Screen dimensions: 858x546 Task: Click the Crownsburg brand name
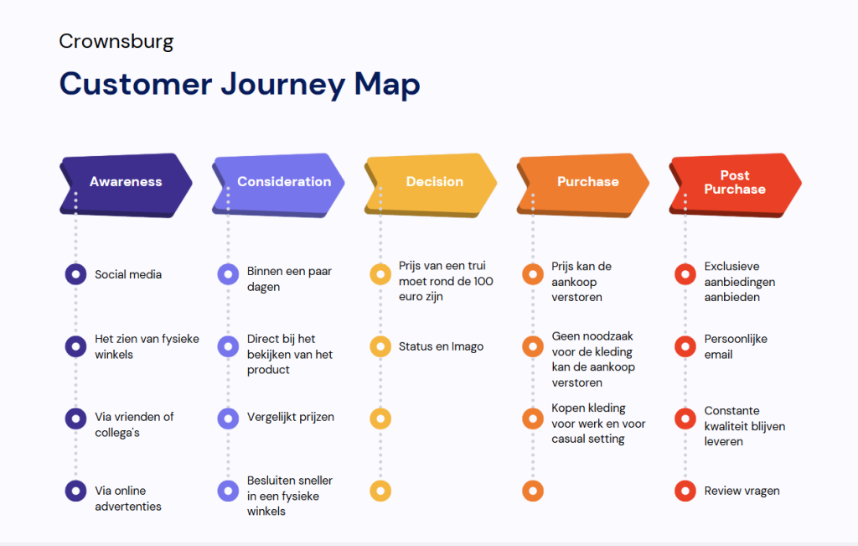[116, 42]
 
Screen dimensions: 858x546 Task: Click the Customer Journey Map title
[240, 85]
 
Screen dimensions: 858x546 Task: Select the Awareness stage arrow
[126, 185]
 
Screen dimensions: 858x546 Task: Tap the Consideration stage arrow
[278, 185]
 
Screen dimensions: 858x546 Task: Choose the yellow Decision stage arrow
[431, 185]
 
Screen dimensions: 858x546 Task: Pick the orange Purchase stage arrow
[583, 185]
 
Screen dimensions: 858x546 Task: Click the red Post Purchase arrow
[736, 185]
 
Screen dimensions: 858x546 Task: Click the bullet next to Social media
[75, 273]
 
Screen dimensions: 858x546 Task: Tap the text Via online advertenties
[128, 498]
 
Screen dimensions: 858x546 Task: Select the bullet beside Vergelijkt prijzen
[228, 419]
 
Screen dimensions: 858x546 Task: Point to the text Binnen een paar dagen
[289, 278]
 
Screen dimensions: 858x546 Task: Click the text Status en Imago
[441, 346]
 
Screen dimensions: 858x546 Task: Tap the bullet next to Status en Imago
[380, 346]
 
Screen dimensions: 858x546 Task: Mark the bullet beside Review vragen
[685, 491]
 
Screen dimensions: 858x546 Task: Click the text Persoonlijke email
[736, 346]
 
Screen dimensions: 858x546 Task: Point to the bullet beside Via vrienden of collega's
[75, 419]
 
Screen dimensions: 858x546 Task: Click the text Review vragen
[742, 491]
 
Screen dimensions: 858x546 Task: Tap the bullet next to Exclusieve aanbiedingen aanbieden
[685, 273]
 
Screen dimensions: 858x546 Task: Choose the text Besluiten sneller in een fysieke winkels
[289, 496]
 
